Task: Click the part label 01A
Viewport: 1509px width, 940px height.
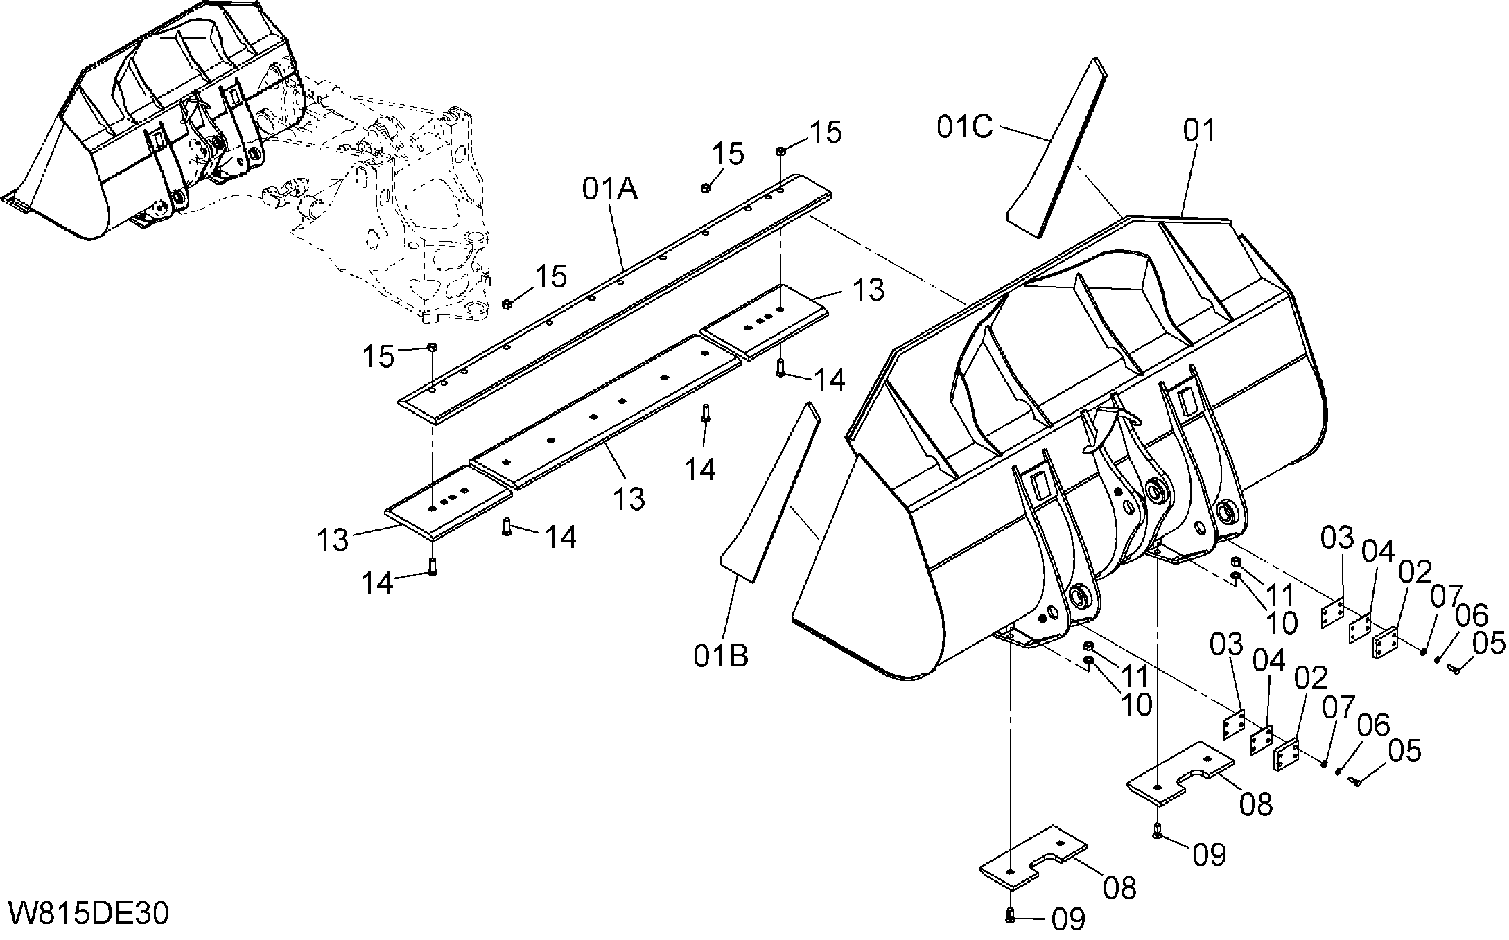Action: click(610, 189)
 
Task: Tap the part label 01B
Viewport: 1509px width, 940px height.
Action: click(721, 655)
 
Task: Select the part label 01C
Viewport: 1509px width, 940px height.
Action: click(965, 127)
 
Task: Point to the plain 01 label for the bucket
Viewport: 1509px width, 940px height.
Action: click(1199, 130)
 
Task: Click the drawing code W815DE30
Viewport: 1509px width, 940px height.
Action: click(88, 914)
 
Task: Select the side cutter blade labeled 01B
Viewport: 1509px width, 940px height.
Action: click(770, 491)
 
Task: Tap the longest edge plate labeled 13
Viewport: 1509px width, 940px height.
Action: click(602, 413)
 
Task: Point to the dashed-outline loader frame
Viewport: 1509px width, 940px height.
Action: click(388, 208)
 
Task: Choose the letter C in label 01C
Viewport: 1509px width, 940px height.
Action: click(983, 127)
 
